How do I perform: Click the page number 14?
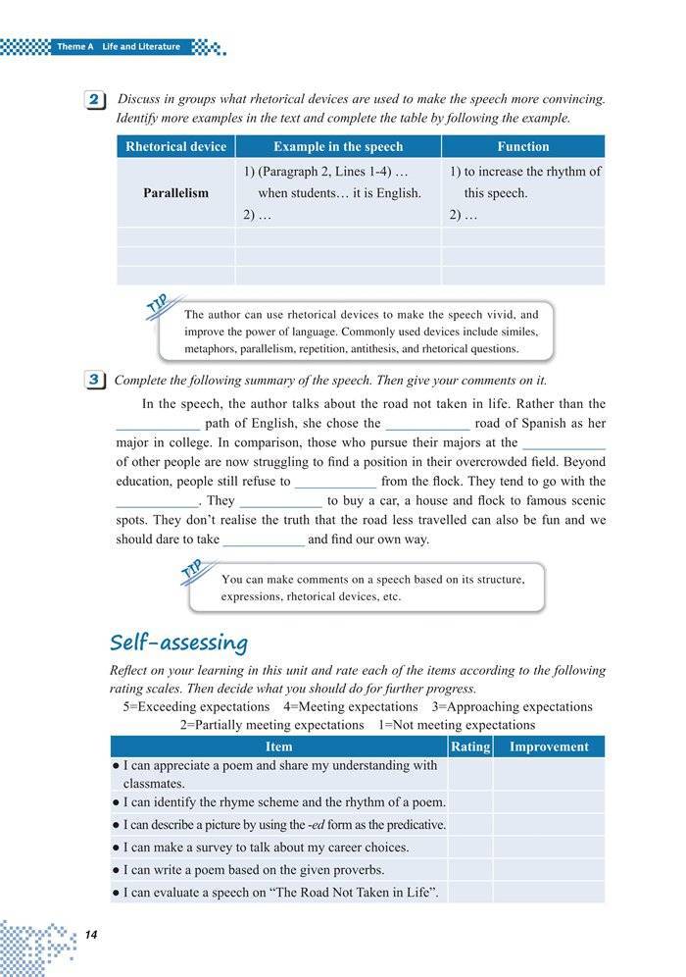[x=92, y=933]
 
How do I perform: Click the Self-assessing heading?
[x=178, y=643]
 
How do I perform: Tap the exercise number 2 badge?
[x=96, y=101]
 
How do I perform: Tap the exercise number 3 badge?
[x=96, y=381]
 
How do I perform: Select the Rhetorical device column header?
[x=175, y=146]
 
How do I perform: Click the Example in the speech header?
[x=338, y=146]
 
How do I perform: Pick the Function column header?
[x=522, y=146]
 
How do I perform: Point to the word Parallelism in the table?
[x=175, y=193]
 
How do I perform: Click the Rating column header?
[x=469, y=746]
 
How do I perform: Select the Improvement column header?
[x=548, y=746]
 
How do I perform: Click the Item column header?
[x=278, y=746]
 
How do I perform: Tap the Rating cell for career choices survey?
[x=469, y=847]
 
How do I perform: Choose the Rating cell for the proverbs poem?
[x=469, y=869]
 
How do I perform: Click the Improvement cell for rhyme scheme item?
[x=548, y=802]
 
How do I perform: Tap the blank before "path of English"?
[x=158, y=425]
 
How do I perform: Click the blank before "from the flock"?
[x=335, y=482]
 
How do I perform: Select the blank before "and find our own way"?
[x=264, y=540]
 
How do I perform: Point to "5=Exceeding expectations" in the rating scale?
[x=196, y=706]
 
